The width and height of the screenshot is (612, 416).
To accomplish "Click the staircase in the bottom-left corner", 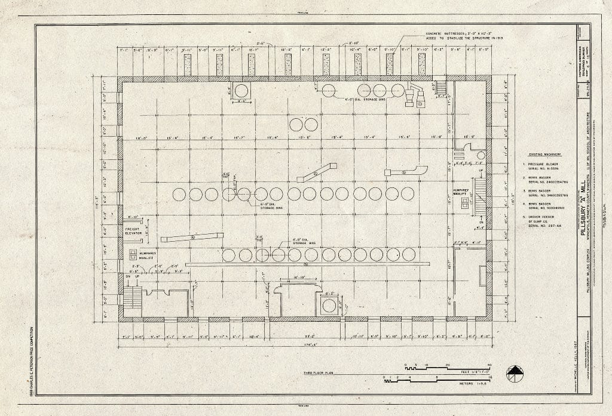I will [x=132, y=297].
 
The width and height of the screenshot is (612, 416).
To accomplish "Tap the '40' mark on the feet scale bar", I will [x=489, y=364].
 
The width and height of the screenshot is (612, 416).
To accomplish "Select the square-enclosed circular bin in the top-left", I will [x=242, y=91].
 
